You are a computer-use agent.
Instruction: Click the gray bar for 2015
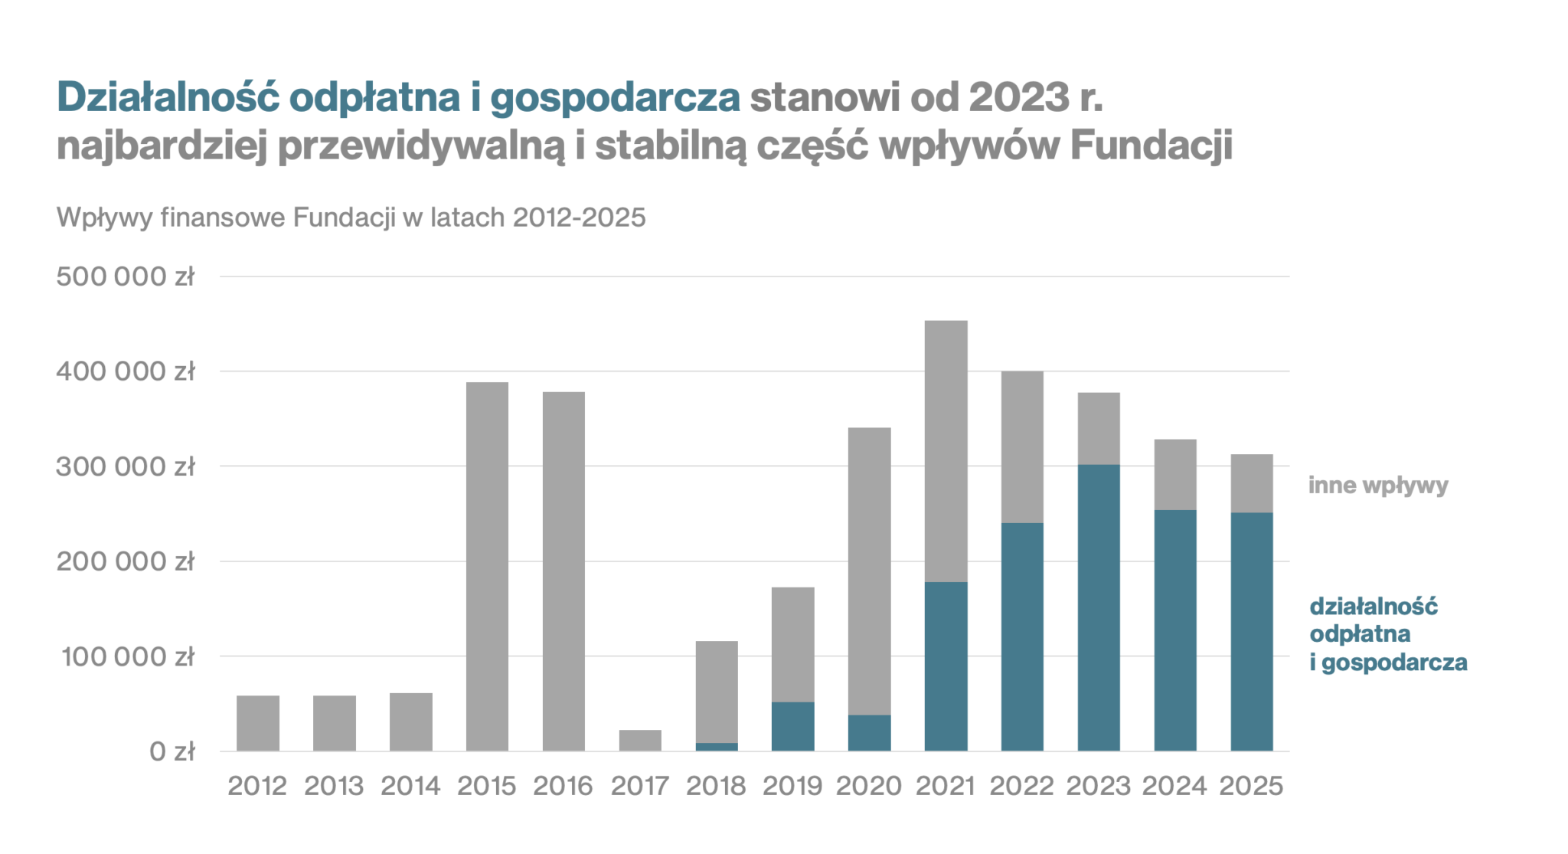click(x=487, y=566)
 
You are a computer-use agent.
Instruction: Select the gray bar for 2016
click(x=563, y=571)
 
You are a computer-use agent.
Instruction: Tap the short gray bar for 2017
click(x=640, y=740)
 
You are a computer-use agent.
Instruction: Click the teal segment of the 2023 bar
click(x=1099, y=607)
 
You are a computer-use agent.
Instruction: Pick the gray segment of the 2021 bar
click(x=946, y=451)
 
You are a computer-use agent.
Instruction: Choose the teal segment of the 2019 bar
click(x=792, y=726)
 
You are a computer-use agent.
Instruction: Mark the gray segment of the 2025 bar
click(x=1252, y=483)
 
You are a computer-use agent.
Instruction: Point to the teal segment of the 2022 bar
click(x=1022, y=636)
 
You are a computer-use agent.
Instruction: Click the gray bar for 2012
click(x=258, y=723)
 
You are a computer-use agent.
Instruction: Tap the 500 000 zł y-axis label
click(x=126, y=276)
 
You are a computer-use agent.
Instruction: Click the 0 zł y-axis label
click(x=171, y=751)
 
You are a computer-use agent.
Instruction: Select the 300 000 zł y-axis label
click(x=126, y=466)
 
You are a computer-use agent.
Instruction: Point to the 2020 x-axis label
click(x=869, y=786)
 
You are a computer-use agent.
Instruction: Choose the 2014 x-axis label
click(x=410, y=786)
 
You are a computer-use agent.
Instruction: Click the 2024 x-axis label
click(x=1174, y=786)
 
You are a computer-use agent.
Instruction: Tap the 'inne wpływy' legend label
click(x=1378, y=486)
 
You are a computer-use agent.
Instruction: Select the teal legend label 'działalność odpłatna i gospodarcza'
click(x=1387, y=634)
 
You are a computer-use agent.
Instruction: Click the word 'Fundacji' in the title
click(x=1151, y=146)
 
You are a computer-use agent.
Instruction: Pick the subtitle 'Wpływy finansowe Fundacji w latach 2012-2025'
click(x=351, y=218)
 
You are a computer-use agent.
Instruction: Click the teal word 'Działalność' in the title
click(x=168, y=97)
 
